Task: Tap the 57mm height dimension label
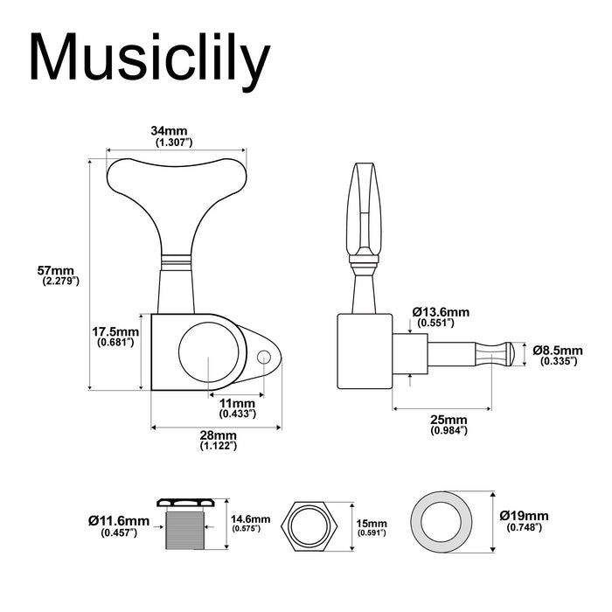[x=60, y=275]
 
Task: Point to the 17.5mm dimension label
[x=115, y=337]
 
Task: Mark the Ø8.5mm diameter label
[x=558, y=354]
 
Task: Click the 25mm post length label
[x=449, y=424]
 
